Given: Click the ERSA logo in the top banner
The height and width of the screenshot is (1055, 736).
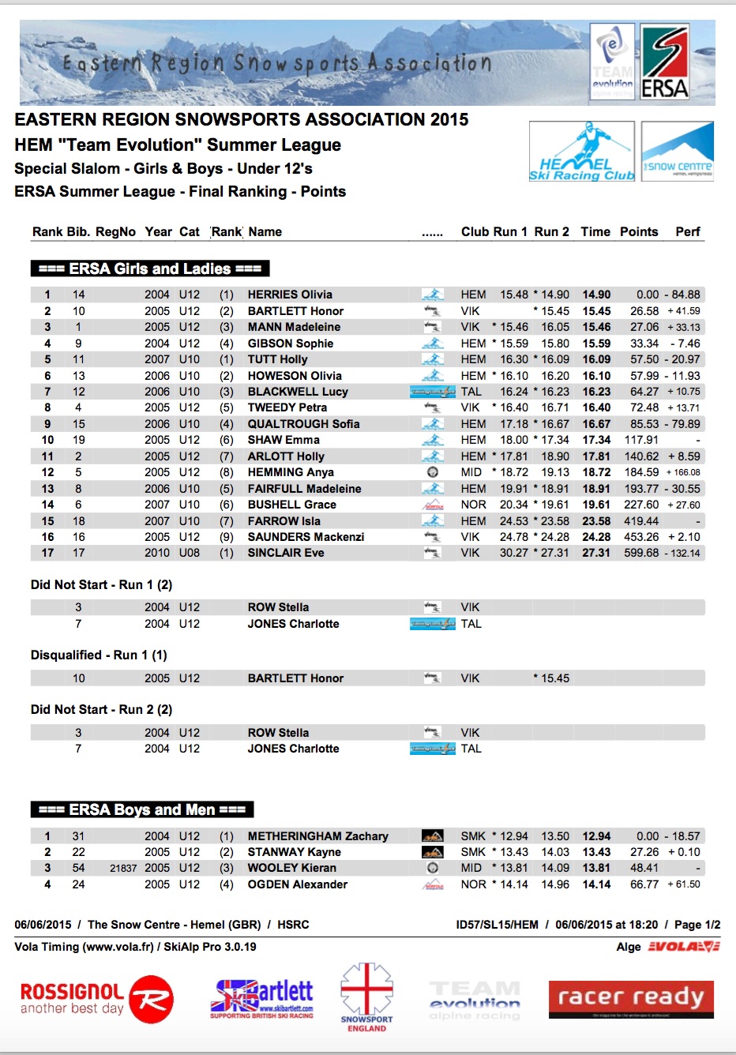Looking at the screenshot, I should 664,62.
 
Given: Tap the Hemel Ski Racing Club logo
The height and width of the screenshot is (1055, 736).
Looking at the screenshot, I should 582,152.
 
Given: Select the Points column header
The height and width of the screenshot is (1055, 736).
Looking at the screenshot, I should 638,231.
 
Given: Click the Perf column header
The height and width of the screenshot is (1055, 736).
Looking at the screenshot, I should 687,231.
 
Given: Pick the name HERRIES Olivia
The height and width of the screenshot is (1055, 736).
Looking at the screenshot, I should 290,295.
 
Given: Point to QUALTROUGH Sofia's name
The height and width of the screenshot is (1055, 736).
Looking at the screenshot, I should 303,424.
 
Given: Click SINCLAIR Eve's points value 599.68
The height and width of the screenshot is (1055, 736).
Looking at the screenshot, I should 640,553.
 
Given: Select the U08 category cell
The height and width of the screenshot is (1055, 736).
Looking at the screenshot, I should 189,553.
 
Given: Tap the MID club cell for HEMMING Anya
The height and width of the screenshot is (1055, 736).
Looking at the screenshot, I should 471,472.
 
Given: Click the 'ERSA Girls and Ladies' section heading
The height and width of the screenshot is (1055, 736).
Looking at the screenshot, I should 150,268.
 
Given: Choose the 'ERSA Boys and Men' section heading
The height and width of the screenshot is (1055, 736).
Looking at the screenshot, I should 142,809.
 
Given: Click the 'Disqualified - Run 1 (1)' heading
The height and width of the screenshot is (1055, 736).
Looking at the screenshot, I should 99,655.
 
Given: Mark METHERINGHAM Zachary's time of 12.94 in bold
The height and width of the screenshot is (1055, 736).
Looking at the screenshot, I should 596,836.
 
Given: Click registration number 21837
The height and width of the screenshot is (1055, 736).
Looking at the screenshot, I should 123,868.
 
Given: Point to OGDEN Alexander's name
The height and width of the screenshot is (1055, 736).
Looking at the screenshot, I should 297,884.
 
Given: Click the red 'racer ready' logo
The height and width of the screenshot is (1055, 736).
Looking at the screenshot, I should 631,999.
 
